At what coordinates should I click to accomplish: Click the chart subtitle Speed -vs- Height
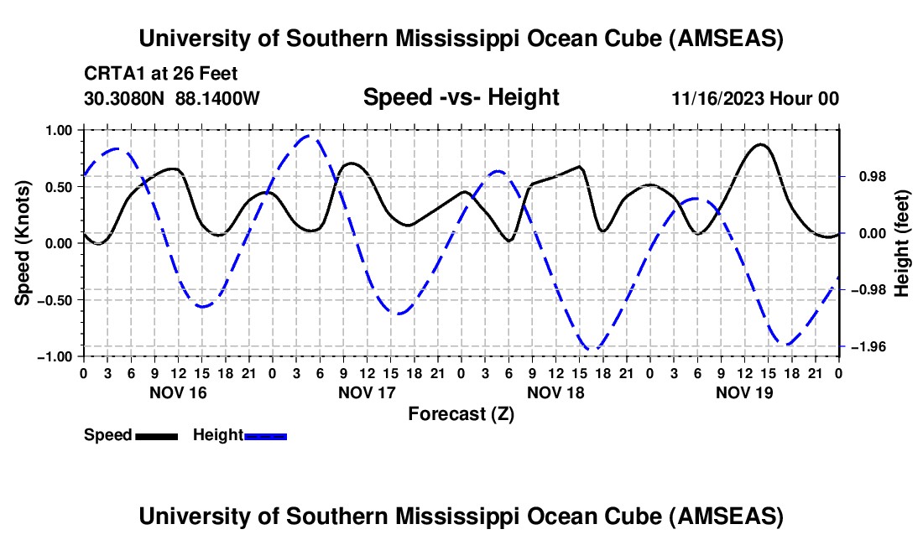461,97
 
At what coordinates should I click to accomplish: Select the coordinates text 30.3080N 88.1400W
172,98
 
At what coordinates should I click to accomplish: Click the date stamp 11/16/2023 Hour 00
755,98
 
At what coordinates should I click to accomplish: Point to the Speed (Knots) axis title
24,244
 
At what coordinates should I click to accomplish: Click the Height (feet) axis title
902,244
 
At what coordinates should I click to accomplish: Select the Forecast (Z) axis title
461,413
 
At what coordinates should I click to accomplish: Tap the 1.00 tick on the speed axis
57,130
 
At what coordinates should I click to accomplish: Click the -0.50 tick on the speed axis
55,300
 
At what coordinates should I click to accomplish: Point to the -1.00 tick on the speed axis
55,356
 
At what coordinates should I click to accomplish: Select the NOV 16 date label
178,392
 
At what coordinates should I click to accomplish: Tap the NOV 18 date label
555,392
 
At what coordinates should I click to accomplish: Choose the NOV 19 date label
744,392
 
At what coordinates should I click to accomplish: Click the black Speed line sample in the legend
156,436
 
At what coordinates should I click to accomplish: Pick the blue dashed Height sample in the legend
265,436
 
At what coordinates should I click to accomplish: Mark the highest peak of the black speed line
760,144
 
